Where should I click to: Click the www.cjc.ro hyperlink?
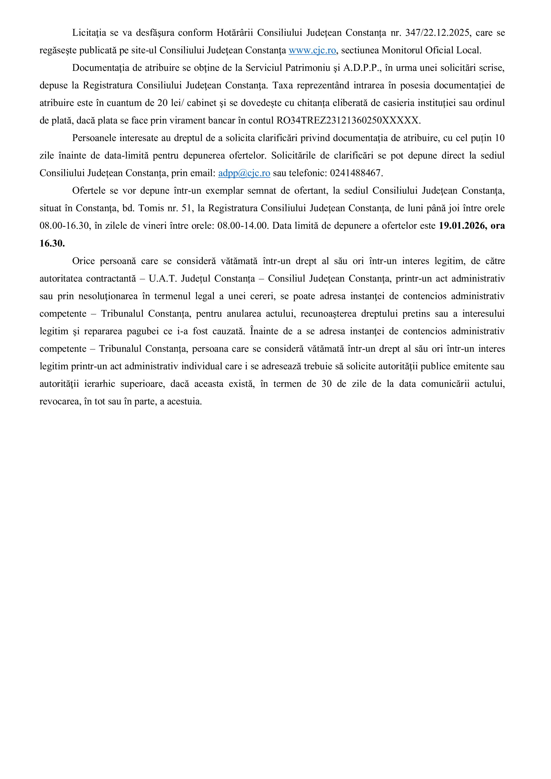click(x=312, y=50)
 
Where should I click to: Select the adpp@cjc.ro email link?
click(x=244, y=173)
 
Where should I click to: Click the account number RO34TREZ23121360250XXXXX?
click(x=348, y=120)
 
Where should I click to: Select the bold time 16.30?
click(x=52, y=243)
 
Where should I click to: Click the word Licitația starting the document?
click(x=89, y=33)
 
